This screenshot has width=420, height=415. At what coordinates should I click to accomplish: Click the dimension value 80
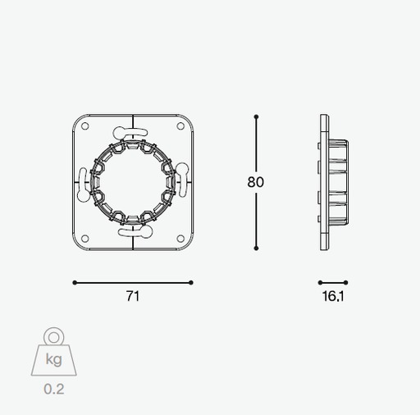pos(256,182)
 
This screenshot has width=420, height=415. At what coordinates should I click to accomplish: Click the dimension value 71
pos(133,296)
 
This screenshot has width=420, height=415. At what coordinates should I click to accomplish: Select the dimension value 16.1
pos(333,296)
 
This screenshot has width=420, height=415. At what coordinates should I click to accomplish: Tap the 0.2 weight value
pos(54,389)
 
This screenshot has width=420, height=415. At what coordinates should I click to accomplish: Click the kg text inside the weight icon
pos(54,359)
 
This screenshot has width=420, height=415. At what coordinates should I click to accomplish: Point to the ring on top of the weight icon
pos(54,336)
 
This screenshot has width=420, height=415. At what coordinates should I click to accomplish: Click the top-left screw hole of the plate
pos(85,126)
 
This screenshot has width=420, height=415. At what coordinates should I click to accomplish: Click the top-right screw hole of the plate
pos(180,126)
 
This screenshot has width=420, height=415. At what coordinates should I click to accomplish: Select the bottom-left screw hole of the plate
pos(85,239)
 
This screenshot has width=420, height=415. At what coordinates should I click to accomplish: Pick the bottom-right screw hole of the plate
pos(180,239)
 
